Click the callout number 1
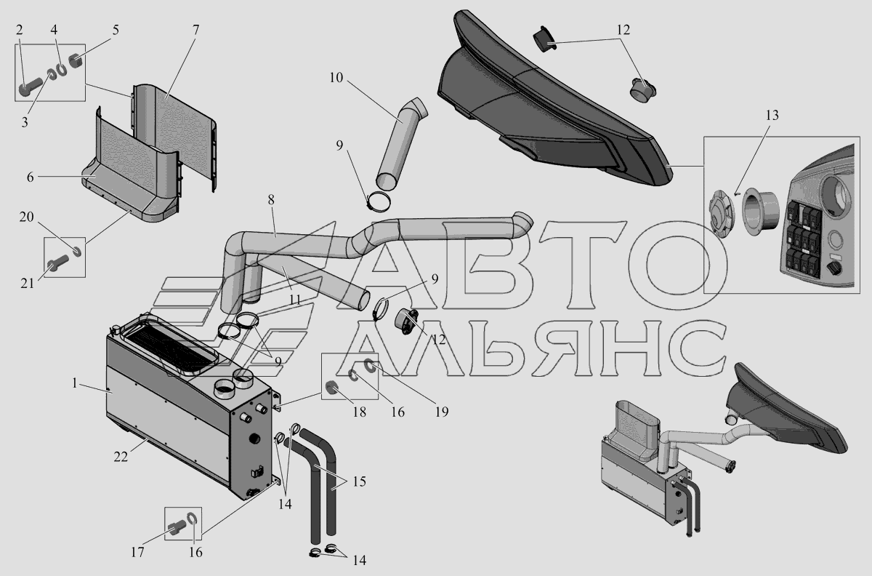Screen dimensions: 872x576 click(74, 383)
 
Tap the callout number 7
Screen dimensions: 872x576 click(195, 30)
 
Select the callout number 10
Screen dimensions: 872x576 click(336, 78)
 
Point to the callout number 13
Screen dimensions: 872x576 click(772, 116)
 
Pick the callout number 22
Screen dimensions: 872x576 click(121, 457)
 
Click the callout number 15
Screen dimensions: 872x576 click(359, 481)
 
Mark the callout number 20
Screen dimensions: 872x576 click(26, 217)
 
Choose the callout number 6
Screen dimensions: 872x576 click(30, 177)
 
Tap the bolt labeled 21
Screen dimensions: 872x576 click(58, 264)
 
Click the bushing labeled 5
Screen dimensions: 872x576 click(77, 61)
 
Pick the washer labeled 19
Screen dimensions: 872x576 click(369, 365)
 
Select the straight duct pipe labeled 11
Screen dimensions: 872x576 click(314, 284)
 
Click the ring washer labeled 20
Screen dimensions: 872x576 click(77, 252)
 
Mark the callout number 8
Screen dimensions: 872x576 click(271, 200)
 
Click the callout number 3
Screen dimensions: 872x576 click(25, 122)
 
